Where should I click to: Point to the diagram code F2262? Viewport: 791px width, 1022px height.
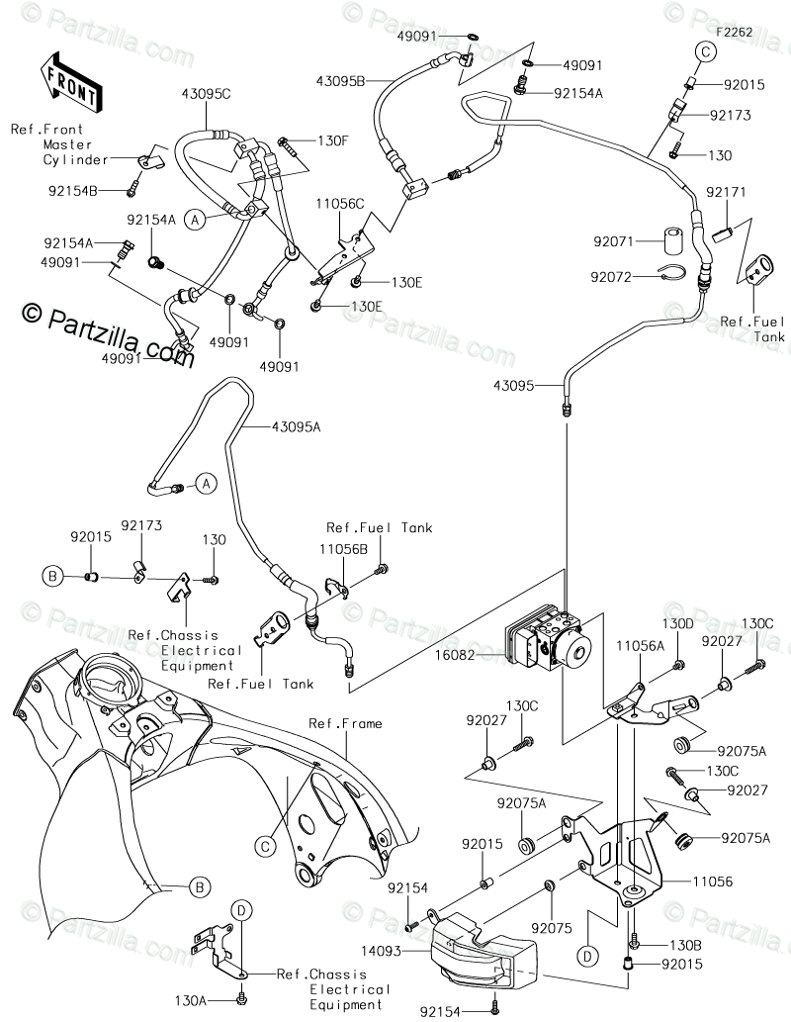pos(734,32)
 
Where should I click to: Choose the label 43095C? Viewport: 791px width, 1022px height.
pos(207,94)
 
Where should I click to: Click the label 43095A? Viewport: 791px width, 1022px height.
pos(297,427)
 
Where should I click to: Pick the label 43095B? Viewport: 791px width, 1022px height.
pos(340,81)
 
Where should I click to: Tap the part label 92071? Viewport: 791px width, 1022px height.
pos(613,241)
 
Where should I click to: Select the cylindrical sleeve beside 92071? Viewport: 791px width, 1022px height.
pos(675,241)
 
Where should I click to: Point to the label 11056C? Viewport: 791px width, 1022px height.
pos(339,203)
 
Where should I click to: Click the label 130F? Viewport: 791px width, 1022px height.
pos(332,140)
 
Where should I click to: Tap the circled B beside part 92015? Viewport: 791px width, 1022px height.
pos(52,576)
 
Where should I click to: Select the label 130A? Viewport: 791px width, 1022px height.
pos(190,999)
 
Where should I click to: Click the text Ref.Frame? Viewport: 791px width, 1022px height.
pos(345,723)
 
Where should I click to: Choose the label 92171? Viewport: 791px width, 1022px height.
pos(726,192)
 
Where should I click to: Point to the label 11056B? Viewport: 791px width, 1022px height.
pos(343,549)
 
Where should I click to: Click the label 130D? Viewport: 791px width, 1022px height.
pos(678,623)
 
